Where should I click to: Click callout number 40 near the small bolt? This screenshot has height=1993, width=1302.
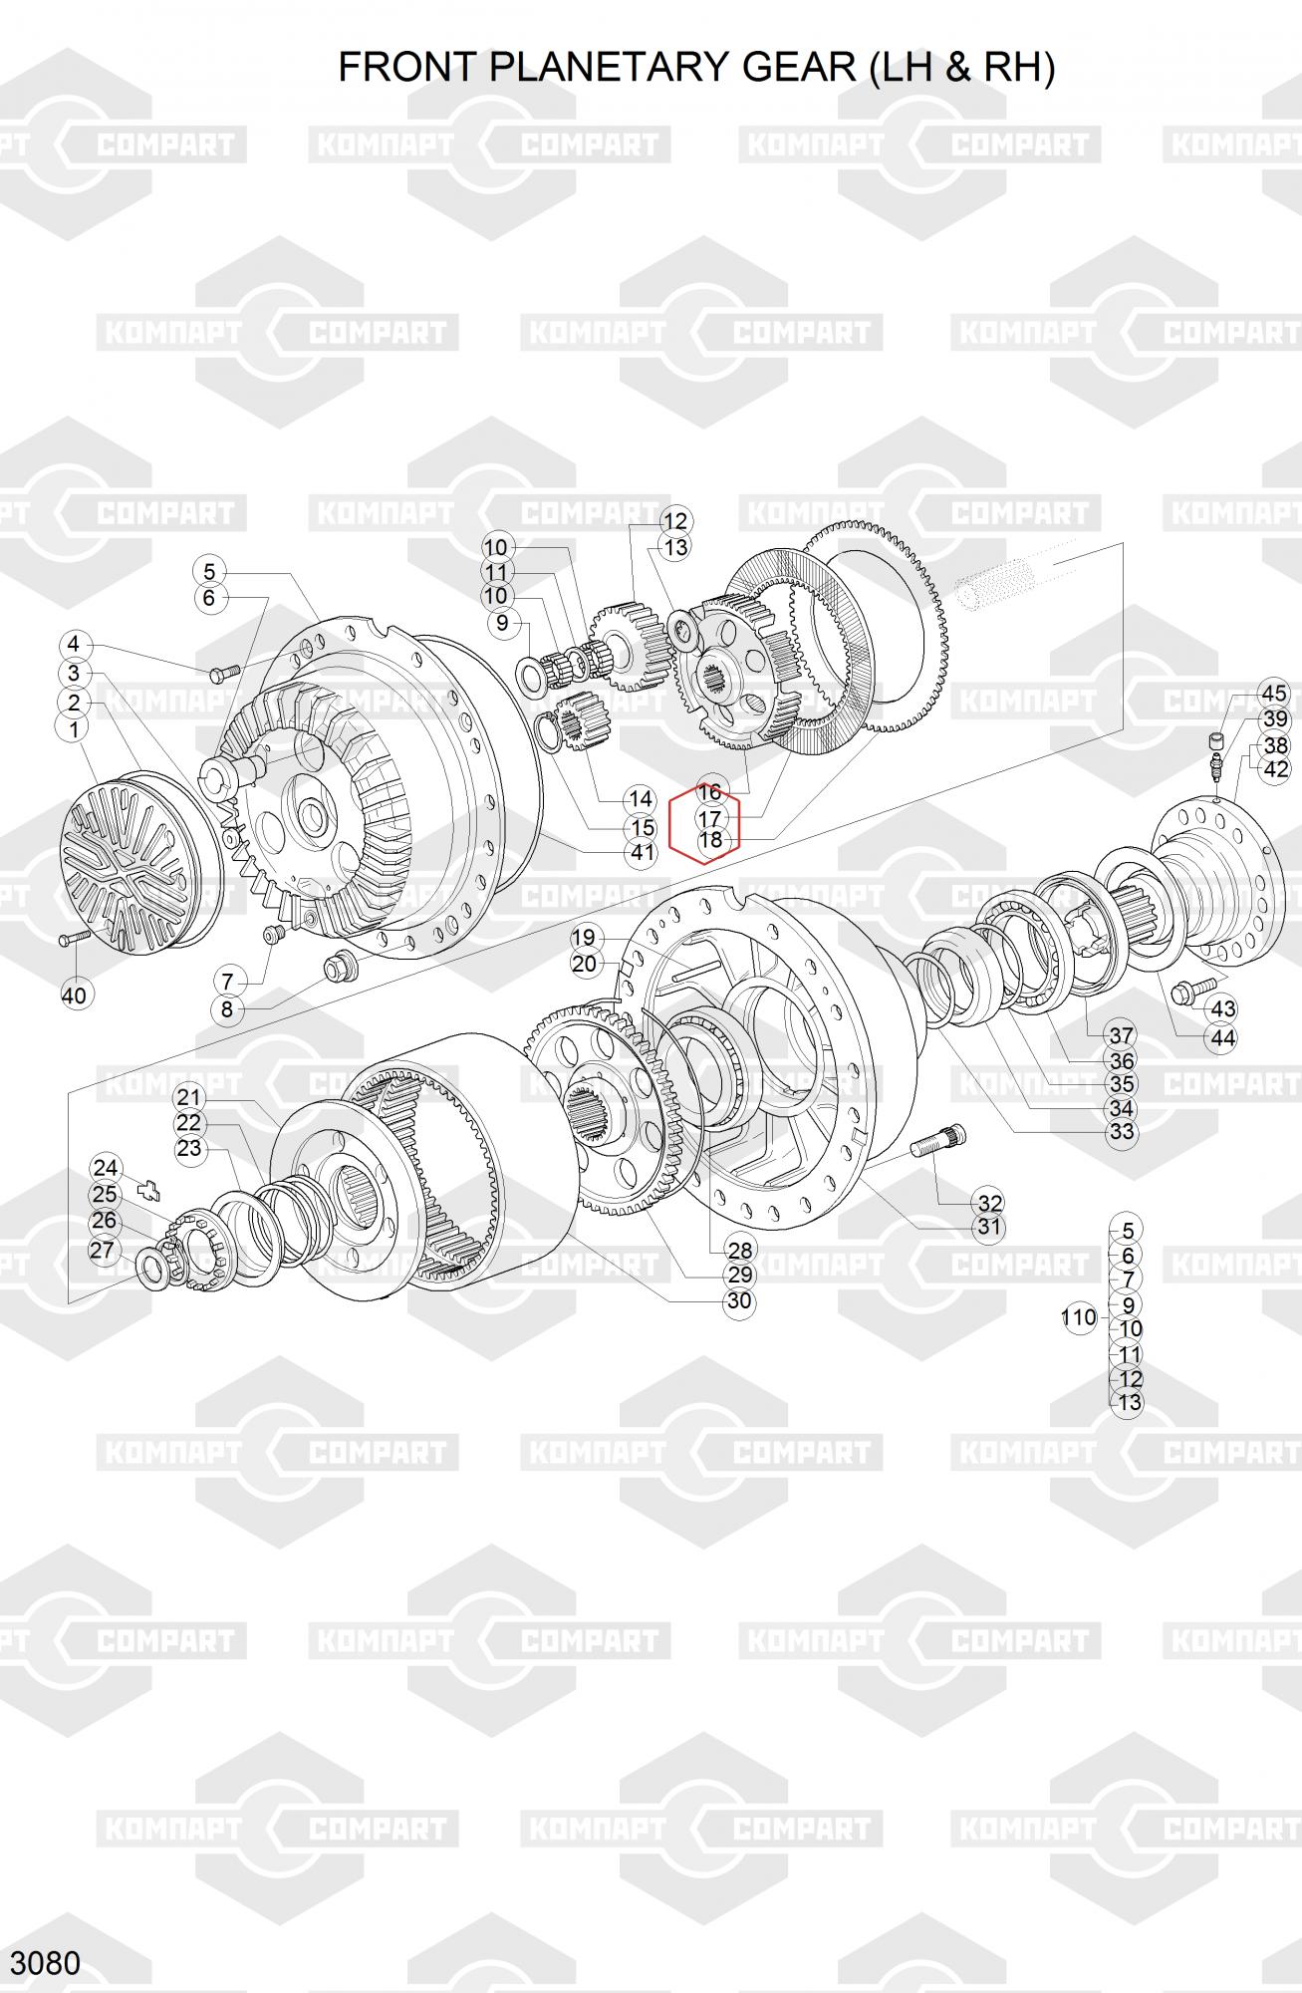click(74, 995)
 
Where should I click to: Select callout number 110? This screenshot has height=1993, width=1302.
click(1078, 1317)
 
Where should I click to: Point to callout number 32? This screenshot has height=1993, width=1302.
click(988, 1202)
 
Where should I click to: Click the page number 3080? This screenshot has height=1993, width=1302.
click(45, 1962)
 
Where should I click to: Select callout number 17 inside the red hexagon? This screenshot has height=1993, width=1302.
click(709, 818)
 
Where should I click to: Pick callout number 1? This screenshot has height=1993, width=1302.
click(72, 728)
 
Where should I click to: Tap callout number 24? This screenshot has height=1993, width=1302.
click(105, 1168)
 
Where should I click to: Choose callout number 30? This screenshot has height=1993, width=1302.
click(738, 1300)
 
